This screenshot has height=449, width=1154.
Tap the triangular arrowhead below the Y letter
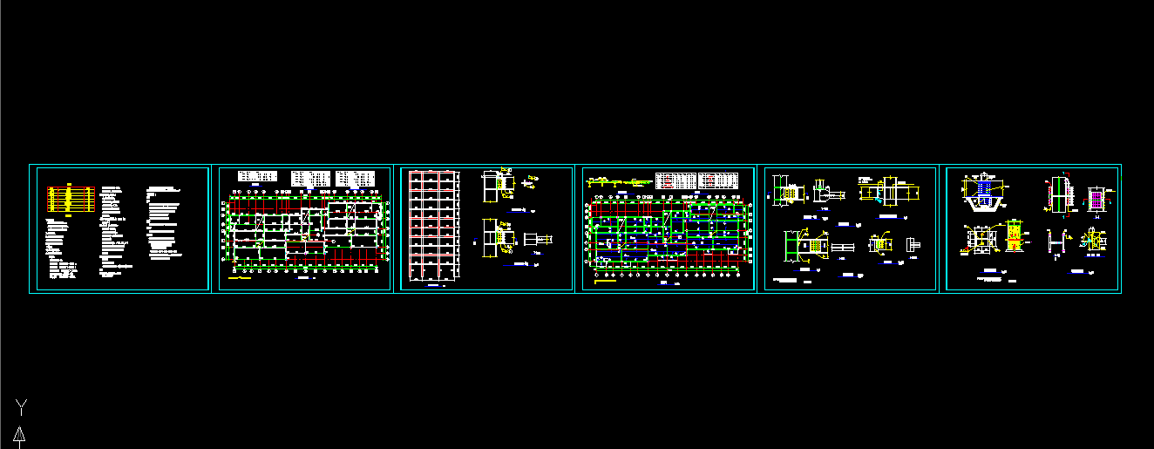coord(18,435)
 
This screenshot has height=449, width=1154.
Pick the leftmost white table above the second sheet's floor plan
coord(258,177)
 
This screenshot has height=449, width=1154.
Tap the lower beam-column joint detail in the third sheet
coord(499,238)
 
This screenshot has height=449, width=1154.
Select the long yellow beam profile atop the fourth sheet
coord(619,182)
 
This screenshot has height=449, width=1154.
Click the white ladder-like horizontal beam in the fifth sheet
coord(842,248)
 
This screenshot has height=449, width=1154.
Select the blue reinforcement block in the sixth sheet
coord(985,185)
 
